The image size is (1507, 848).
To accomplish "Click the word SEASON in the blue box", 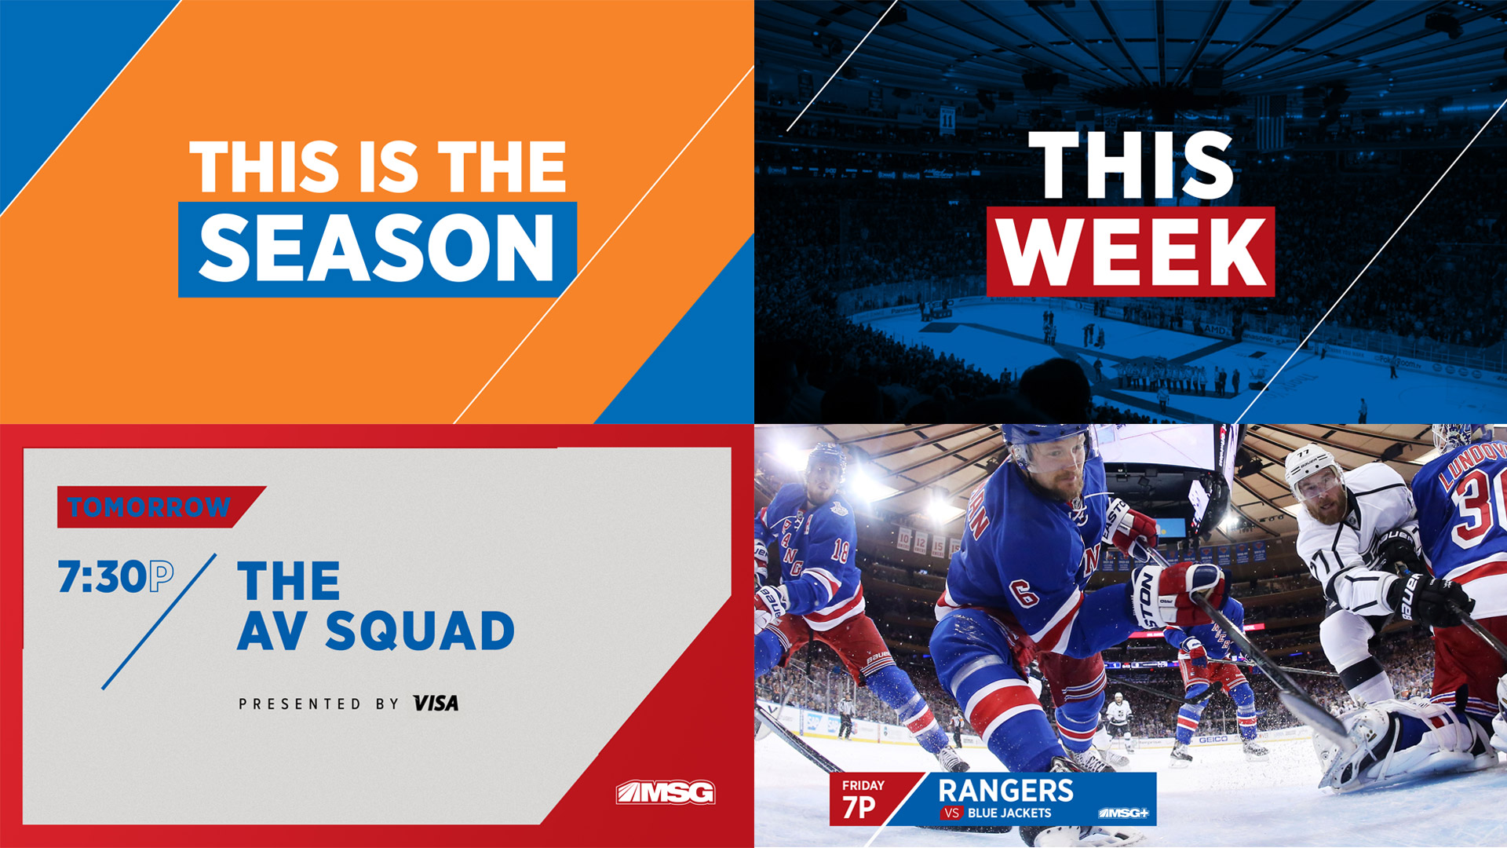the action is coord(377,247).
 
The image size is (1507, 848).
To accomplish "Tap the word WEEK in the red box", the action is coord(1131,252).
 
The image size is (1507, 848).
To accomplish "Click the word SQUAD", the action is coord(420,631).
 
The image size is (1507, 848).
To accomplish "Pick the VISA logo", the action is coord(436,704).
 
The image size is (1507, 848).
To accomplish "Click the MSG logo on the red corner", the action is coord(666,792).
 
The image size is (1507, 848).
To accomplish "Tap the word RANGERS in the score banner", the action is coord(1005,790).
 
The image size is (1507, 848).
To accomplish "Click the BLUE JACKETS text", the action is coord(1009,813).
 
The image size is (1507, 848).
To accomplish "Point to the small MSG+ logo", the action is coord(1123,813).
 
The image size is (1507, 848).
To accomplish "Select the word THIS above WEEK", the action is coord(1131,165).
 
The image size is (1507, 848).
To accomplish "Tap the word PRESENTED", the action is coord(300,704).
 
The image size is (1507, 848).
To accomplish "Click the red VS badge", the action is coord(951,813).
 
